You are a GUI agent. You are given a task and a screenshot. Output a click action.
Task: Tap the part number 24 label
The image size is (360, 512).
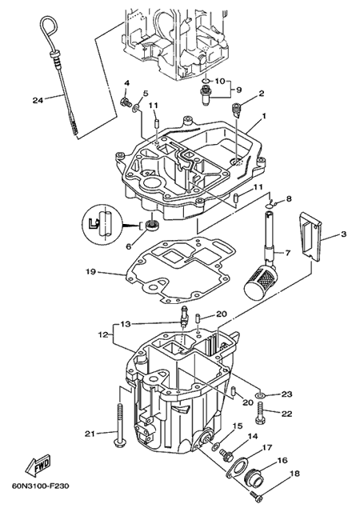38,101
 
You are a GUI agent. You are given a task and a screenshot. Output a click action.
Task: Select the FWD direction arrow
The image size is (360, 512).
38,464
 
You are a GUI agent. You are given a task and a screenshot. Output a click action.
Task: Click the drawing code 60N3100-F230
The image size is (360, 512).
41,486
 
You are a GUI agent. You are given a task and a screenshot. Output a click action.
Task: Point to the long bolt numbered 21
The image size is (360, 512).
119,425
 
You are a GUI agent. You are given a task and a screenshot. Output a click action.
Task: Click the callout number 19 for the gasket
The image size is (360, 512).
91,272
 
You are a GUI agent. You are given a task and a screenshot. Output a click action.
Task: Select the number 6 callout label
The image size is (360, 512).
128,246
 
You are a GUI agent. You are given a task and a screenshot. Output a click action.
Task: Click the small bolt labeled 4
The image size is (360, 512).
125,103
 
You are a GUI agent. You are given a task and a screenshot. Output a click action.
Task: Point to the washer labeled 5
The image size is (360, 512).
135,106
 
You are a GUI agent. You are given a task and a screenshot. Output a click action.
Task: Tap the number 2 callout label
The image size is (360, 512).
261,94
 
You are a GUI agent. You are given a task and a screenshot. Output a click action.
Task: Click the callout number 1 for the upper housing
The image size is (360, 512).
264,115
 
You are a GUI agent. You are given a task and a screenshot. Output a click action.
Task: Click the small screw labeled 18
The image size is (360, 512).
257,496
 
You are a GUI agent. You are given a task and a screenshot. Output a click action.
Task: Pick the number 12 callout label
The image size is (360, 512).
102,334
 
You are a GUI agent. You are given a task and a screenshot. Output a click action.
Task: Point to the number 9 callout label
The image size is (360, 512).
239,89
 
